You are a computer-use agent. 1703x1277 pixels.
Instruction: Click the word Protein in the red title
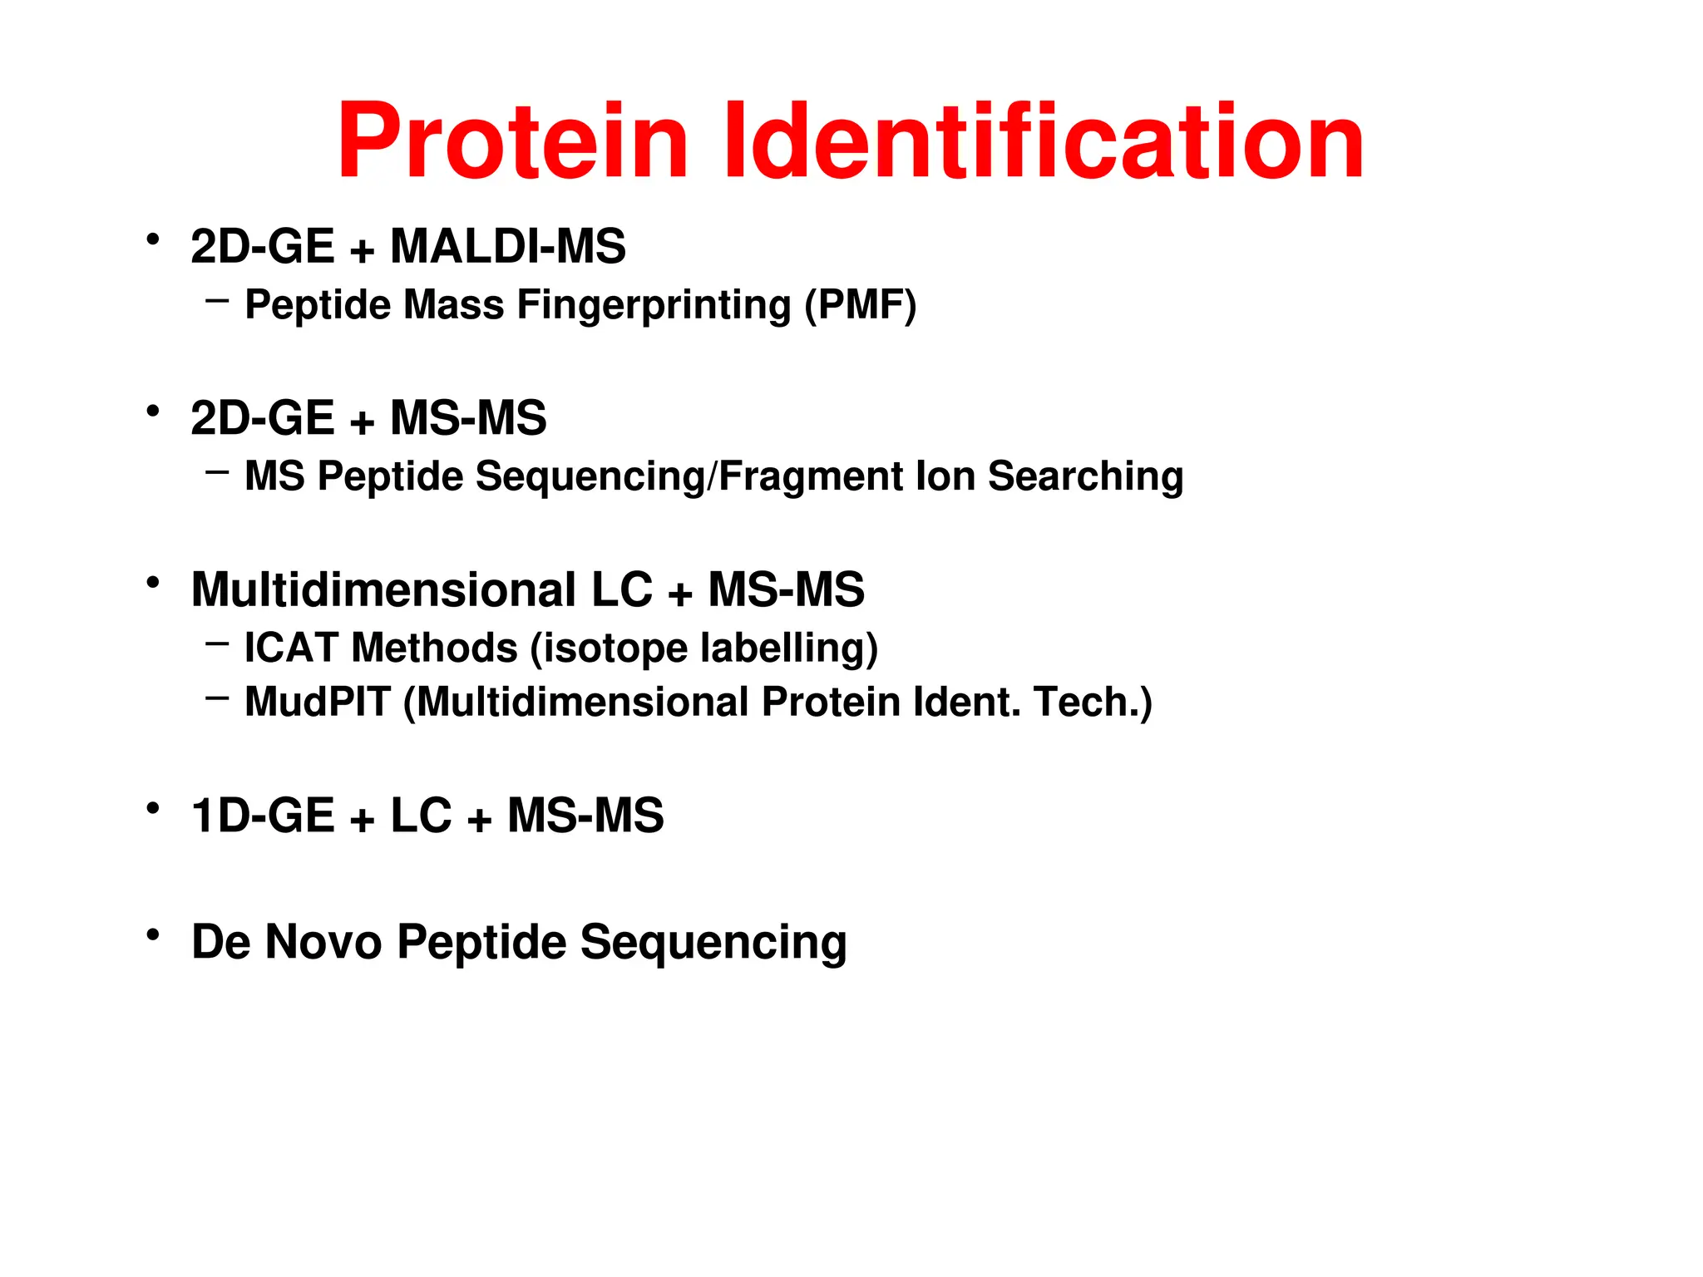(x=512, y=141)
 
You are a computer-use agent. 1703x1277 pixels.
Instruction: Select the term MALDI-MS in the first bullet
(x=508, y=247)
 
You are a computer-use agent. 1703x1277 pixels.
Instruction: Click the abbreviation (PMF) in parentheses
(x=861, y=305)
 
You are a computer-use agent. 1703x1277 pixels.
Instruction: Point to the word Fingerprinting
(x=654, y=306)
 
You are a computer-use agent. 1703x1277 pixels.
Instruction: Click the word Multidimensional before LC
(x=383, y=590)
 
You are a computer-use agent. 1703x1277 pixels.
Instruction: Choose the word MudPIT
(x=317, y=703)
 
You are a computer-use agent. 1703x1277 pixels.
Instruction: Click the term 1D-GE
(x=262, y=816)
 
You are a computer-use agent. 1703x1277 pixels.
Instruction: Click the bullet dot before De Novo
(x=152, y=935)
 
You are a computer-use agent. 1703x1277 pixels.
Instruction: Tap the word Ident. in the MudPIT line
(x=966, y=703)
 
